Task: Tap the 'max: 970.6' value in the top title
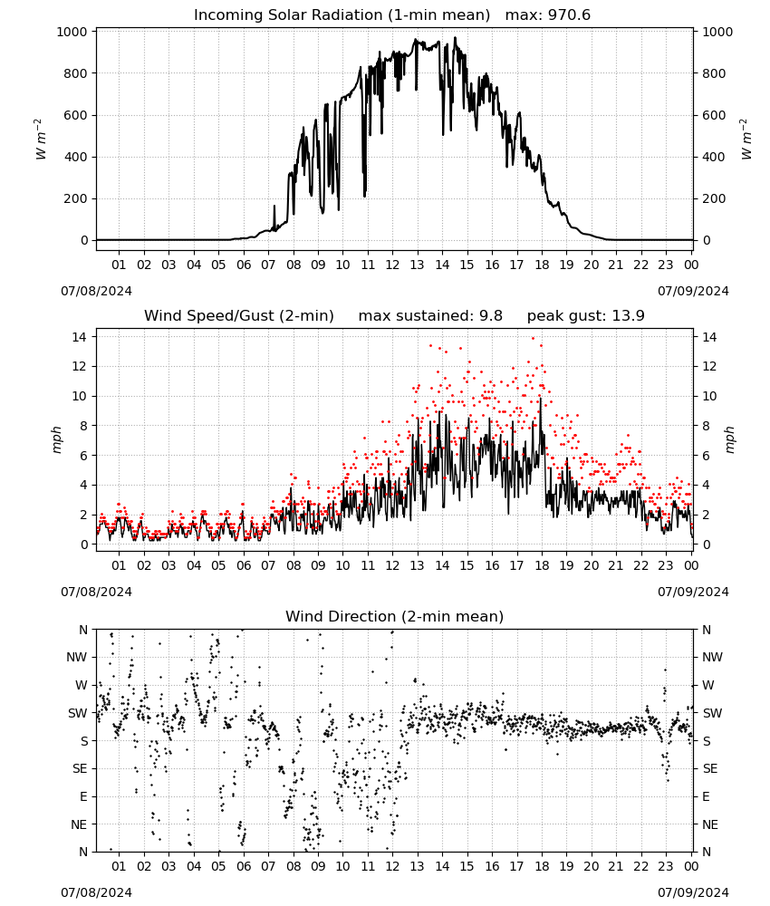(x=548, y=15)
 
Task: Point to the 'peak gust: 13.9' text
(x=586, y=316)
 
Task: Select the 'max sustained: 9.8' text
(x=430, y=316)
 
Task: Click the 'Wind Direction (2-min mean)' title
(x=395, y=616)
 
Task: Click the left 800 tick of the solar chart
(x=76, y=73)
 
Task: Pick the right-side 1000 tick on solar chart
(x=717, y=32)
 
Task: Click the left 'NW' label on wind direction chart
(x=77, y=657)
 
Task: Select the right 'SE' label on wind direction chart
(x=710, y=768)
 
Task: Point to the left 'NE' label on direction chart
(x=79, y=824)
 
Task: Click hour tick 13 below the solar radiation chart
(x=417, y=265)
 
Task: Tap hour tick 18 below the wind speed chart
(x=542, y=565)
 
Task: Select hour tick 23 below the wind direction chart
(x=666, y=866)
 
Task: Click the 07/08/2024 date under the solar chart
(x=96, y=291)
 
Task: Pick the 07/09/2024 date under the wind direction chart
(x=693, y=892)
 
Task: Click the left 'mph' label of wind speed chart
(x=56, y=440)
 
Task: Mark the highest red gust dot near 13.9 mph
(x=534, y=339)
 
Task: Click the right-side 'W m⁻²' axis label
(x=746, y=140)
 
